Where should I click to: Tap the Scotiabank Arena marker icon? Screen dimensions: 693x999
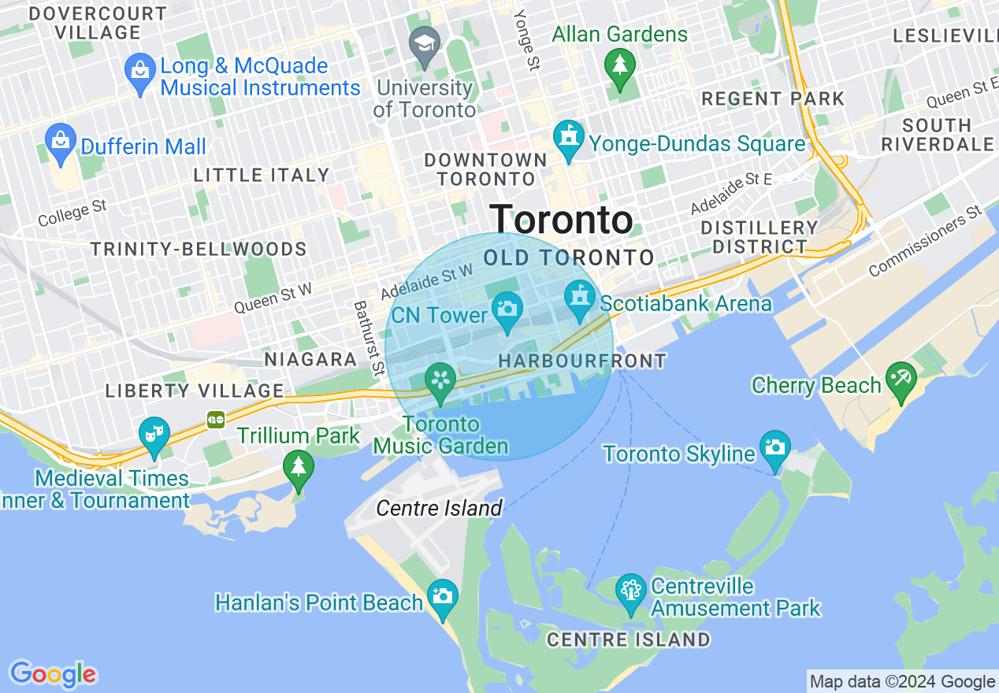point(580,298)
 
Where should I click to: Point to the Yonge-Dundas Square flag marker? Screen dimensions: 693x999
point(568,138)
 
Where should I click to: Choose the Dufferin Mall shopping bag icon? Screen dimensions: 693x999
point(61,142)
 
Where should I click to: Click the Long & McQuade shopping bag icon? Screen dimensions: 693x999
point(140,72)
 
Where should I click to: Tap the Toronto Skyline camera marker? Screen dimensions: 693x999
point(775,449)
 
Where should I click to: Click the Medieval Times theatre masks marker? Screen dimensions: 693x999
point(154,435)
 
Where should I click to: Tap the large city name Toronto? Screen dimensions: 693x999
point(561,220)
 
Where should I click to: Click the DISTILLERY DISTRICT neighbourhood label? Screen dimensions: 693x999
point(759,237)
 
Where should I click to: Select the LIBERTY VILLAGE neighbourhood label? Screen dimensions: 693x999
point(195,391)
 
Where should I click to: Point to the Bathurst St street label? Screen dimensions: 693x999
point(368,337)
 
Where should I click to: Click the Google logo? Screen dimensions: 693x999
point(53,674)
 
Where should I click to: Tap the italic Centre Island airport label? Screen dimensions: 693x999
point(439,508)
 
